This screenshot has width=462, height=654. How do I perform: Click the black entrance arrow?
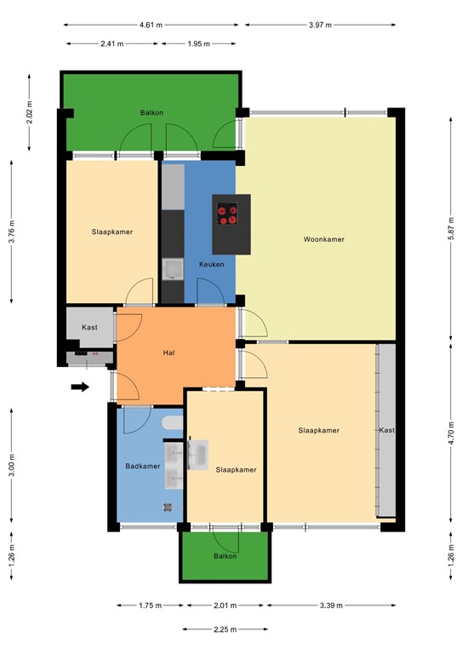(80, 387)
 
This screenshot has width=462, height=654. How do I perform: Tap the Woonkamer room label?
(324, 239)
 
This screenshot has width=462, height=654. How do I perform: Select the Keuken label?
(212, 265)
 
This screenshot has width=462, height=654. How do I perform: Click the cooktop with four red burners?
(227, 214)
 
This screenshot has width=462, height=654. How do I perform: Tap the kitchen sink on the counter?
(173, 270)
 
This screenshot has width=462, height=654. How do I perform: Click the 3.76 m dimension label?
(12, 231)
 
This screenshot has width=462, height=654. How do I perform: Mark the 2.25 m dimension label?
(225, 630)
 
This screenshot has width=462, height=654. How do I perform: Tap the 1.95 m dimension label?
(201, 43)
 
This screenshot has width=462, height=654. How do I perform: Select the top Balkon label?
(152, 112)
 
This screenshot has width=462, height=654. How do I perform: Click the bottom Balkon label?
(225, 556)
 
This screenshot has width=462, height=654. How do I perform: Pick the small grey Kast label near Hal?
(89, 328)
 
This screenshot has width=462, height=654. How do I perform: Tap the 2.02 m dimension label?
(30, 113)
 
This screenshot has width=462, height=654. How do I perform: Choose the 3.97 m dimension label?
(321, 25)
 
